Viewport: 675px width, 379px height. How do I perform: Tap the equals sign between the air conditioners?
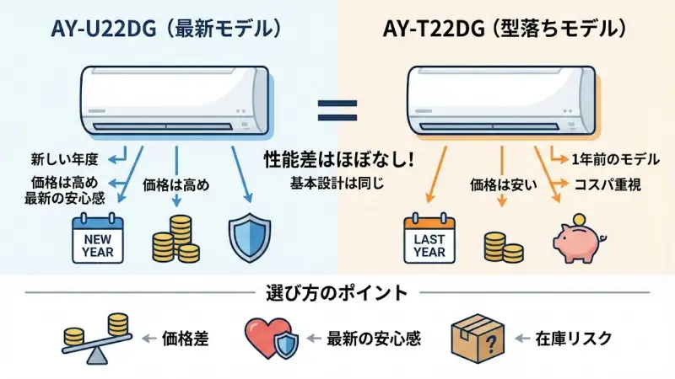[x=337, y=108]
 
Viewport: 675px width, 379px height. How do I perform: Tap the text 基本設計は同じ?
[x=337, y=182]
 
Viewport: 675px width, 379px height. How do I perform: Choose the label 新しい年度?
[x=65, y=158]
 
